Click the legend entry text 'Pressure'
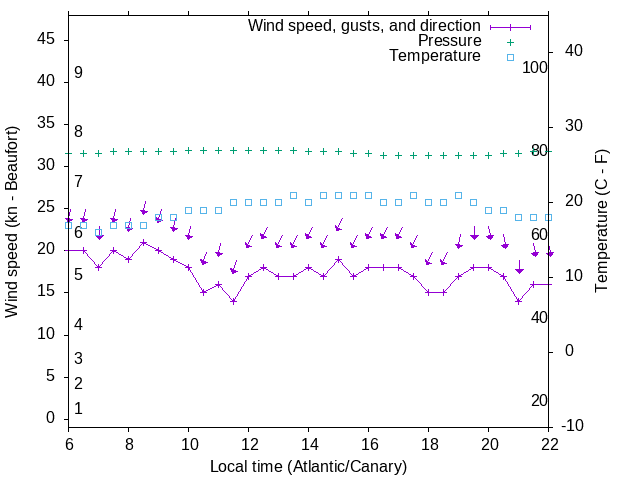coord(449,41)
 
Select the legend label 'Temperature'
coord(435,56)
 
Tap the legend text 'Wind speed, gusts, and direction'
coord(365,25)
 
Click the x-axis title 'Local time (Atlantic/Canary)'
coord(308,467)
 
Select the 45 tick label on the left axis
coord(46,39)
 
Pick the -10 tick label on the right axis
coord(574,426)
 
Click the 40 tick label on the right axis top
coord(574,51)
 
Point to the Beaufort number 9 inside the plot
coord(78,73)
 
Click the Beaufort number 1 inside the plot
coord(78,409)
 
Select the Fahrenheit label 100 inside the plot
coord(535,67)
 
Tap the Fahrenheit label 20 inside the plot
coord(539,400)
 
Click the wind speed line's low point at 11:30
coord(233,301)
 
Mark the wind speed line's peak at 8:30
coord(143,242)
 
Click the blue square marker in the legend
coord(509,57)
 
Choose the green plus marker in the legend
coord(509,41)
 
